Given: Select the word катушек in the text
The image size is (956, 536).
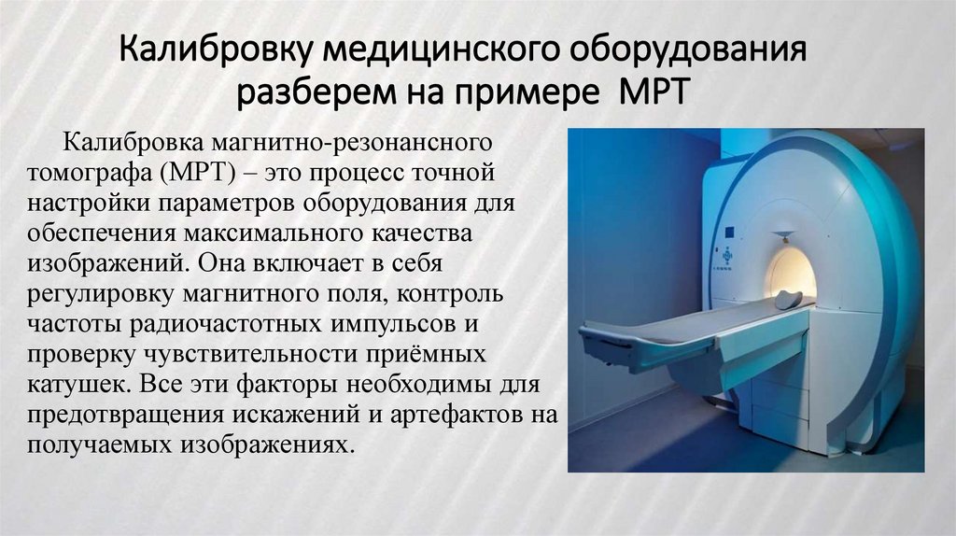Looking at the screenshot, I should (x=67, y=384).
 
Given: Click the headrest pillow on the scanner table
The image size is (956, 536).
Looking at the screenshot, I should (x=789, y=299).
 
